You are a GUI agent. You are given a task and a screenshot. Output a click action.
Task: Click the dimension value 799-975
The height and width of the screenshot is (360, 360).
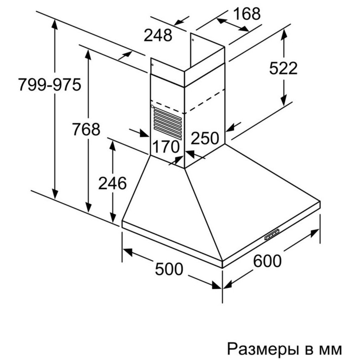tap(50, 85)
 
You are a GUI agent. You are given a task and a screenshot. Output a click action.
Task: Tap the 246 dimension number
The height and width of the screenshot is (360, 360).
tap(112, 183)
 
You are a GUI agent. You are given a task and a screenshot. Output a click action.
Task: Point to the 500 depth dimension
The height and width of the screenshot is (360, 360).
tap(169, 269)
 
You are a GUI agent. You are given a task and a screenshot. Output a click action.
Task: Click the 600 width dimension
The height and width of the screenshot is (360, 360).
tap(267, 261)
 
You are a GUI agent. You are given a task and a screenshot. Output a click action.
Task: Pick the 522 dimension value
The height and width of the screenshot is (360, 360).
tap(283, 68)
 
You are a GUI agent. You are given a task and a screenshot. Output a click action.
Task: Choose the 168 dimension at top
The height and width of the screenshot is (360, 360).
tap(247, 14)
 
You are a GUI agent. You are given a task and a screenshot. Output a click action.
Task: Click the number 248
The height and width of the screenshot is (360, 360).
tap(158, 35)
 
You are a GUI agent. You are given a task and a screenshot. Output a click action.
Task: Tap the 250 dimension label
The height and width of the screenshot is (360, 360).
tap(205, 138)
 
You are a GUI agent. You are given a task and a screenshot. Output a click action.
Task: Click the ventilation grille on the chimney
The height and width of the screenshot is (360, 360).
tap(168, 123)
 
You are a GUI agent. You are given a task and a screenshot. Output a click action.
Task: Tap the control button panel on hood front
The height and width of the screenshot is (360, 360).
tap(272, 234)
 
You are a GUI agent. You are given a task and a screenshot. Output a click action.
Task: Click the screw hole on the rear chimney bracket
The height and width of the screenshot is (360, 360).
tap(193, 40)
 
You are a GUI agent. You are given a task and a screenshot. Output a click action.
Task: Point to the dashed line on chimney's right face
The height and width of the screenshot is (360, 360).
tap(205, 101)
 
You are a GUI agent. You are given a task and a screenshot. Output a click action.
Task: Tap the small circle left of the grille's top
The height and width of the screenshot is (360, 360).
tap(152, 106)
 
